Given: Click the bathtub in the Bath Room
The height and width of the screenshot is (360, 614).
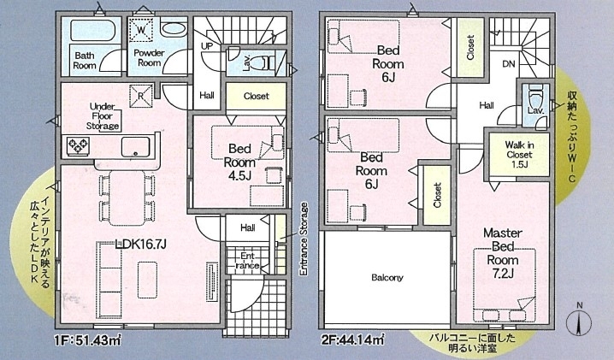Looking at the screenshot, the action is pyautogui.click(x=93, y=30).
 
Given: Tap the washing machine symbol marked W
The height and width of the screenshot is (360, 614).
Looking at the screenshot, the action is pyautogui.click(x=140, y=29).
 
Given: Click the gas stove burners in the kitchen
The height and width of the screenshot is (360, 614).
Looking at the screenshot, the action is pyautogui.click(x=79, y=146).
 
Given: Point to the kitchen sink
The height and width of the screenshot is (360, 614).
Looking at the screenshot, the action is pyautogui.click(x=135, y=147).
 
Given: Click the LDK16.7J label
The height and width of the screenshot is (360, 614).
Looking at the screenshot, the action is pyautogui.click(x=141, y=245).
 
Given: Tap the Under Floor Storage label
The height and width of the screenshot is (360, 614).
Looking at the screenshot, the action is pyautogui.click(x=103, y=116).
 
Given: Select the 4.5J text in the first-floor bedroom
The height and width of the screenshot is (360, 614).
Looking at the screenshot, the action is pyautogui.click(x=239, y=176).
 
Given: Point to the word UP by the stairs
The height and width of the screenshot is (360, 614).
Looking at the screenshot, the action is pyautogui.click(x=207, y=46).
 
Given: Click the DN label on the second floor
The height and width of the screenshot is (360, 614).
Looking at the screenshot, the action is pyautogui.click(x=508, y=64).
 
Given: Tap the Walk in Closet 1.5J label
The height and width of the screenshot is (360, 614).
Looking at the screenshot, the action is pyautogui.click(x=520, y=155).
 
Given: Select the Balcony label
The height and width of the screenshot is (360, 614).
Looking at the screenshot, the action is pyautogui.click(x=387, y=278).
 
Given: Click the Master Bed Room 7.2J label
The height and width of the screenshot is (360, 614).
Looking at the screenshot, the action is pyautogui.click(x=503, y=253).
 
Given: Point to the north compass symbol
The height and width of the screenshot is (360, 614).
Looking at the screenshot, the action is pyautogui.click(x=579, y=322).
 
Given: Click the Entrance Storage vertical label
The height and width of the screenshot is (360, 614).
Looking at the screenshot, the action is pyautogui.click(x=304, y=239).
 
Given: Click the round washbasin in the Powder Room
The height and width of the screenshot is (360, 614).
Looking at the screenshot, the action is pyautogui.click(x=174, y=29).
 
